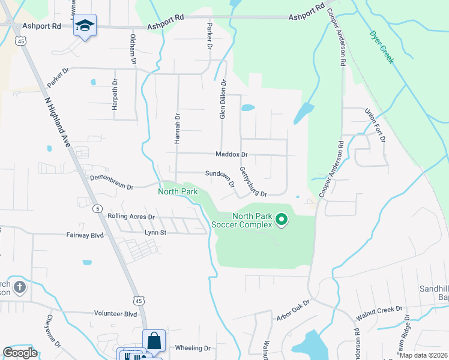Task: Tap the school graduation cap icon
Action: click(85, 26)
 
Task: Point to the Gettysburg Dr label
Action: click(252, 182)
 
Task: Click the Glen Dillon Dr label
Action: click(222, 100)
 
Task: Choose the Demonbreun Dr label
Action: click(111, 182)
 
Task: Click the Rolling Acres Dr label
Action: click(131, 216)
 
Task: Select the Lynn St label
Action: click(155, 232)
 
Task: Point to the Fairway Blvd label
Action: click(84, 236)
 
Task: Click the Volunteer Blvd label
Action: click(115, 313)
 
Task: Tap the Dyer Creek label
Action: click(381, 47)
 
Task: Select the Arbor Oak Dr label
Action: click(293, 312)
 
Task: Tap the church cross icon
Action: click(19, 287)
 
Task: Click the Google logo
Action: click(20, 353)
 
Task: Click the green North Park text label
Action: click(178, 192)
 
